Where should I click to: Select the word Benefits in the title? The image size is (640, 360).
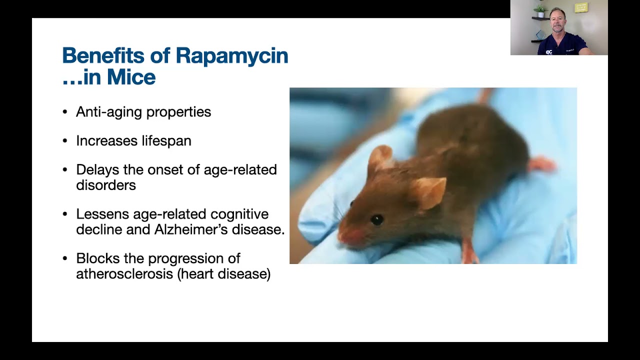coord(103,55)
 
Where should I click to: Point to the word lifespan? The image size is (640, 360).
coord(166,140)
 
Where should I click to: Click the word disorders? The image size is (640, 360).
coord(106,185)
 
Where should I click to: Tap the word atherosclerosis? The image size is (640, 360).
coord(124,273)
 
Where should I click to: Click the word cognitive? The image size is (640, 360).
coord(239,214)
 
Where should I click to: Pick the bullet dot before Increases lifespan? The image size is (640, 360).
coord(65,141)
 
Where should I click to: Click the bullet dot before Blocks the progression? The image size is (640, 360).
coord(65,258)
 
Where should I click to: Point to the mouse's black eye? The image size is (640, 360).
coord(377,219)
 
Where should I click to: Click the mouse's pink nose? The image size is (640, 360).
coord(345,237)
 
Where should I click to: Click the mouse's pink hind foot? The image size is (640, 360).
coord(541,164)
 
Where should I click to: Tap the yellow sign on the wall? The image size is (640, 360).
coord(581,7)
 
